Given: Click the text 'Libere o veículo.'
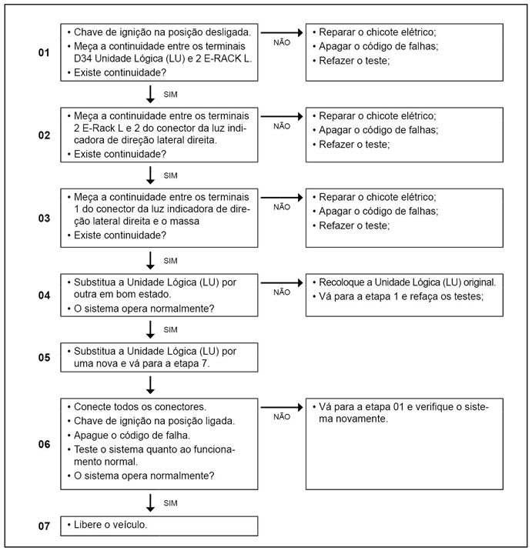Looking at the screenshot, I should click(x=110, y=525).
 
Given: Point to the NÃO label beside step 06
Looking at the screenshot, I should click(x=282, y=416).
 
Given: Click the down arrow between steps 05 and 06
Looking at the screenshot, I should click(x=152, y=385).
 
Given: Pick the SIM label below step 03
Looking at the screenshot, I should click(x=171, y=260).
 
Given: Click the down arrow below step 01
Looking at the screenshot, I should click(x=152, y=94).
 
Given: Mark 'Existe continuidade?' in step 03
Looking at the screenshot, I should click(x=122, y=235).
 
